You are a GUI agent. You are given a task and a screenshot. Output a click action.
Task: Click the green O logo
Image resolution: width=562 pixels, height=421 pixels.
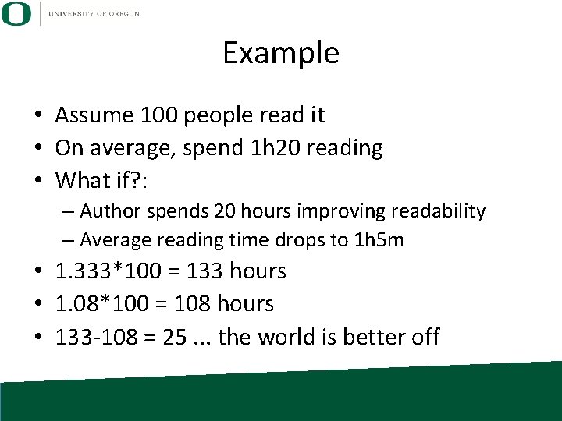16,13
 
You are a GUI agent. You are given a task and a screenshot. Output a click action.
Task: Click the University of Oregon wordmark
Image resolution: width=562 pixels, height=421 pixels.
93,14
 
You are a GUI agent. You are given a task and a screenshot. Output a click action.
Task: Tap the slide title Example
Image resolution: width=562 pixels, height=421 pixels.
281,53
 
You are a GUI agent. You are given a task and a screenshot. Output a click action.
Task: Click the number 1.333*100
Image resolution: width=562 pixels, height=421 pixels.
110,271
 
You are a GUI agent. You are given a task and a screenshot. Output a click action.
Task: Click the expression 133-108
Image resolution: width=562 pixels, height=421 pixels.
98,337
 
